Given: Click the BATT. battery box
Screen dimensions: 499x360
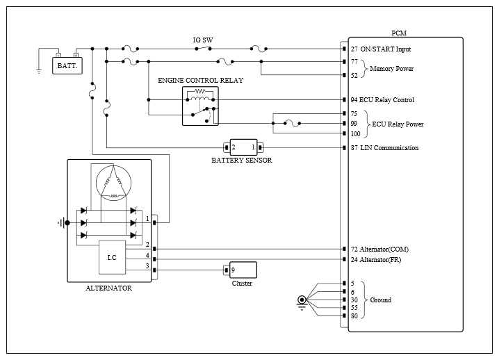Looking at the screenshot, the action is point(67,65).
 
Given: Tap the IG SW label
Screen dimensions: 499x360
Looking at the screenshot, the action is point(203,40).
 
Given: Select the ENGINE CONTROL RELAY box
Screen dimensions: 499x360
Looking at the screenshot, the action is point(200,106).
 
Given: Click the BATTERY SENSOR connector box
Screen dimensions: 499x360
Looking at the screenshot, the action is point(243,147).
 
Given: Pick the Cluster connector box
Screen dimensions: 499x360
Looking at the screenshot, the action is point(243,270).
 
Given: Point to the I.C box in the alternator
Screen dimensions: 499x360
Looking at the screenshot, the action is point(112,257).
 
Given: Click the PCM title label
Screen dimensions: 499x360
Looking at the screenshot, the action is point(399,33).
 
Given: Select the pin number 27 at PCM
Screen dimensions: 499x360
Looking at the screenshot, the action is point(354,49).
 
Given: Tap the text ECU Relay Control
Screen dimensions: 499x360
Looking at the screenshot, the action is point(386,100).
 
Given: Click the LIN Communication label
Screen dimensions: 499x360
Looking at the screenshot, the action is point(389,148).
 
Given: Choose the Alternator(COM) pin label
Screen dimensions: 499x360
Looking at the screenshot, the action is point(384,249).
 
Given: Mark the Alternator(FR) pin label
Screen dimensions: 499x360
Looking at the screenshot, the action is point(380,260).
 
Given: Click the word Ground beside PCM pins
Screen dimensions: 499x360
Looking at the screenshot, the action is point(381,300).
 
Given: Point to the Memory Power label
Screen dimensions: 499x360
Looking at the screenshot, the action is point(391,68).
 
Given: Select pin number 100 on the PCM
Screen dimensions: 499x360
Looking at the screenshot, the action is point(355,134).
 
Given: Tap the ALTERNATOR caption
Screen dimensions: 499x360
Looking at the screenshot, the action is point(109,288).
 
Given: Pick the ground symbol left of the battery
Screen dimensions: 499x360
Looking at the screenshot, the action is point(39,71).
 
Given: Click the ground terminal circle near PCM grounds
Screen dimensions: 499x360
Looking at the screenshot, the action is point(302,300).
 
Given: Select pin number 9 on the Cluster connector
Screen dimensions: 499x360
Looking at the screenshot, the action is point(233,270).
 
